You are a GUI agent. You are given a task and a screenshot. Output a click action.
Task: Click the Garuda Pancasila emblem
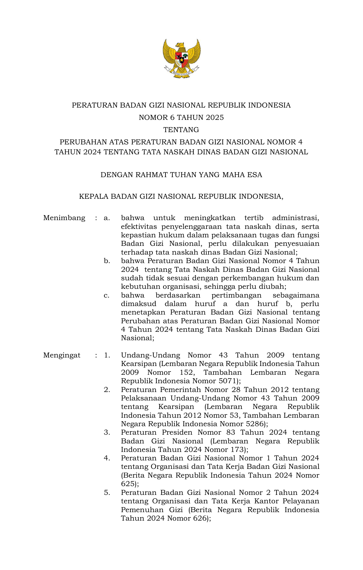pyautogui.click(x=181, y=58)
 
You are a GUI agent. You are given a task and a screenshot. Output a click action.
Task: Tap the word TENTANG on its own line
pyautogui.click(x=181, y=129)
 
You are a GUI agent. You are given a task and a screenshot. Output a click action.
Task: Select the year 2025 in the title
pyautogui.click(x=214, y=118)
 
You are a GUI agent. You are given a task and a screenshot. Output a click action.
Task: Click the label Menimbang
pyautogui.click(x=64, y=218)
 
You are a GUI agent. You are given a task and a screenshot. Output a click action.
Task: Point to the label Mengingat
pyautogui.click(x=62, y=355)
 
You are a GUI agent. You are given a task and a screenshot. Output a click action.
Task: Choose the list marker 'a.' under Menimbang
pyautogui.click(x=107, y=218)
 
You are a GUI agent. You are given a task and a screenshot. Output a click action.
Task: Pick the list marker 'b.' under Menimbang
pyautogui.click(x=107, y=261)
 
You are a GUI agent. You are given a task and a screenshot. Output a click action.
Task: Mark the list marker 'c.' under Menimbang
pyautogui.click(x=107, y=295)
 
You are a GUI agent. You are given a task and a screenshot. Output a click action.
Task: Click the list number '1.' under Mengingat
pyautogui.click(x=107, y=355)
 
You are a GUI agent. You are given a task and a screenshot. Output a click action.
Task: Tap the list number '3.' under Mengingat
pyautogui.click(x=107, y=432)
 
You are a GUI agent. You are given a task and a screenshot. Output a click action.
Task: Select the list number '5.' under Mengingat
pyautogui.click(x=107, y=493)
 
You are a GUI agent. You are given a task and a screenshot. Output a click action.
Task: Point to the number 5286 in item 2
pyautogui.click(x=255, y=424)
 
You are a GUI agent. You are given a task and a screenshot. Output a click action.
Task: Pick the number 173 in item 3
pyautogui.click(x=238, y=450)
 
